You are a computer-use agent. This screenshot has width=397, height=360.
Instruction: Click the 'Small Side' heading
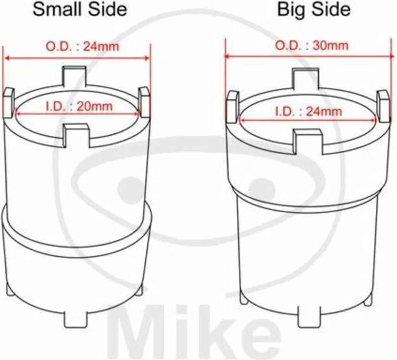click(80, 9)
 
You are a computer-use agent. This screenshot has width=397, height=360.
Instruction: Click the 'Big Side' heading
click(314, 10)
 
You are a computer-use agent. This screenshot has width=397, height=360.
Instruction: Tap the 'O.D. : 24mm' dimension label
click(82, 47)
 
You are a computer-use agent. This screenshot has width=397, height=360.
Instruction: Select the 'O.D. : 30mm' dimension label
click(312, 46)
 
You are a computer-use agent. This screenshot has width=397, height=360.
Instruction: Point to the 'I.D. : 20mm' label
click(79, 106)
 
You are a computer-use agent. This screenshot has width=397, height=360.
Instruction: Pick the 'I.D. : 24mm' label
click(309, 111)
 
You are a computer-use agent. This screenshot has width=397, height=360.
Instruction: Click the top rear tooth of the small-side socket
click(74, 76)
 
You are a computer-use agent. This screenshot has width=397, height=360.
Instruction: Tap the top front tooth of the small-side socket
click(76, 135)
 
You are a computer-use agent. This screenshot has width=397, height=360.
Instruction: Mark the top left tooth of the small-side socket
click(9, 102)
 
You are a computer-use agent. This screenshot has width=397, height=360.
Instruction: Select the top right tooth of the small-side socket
click(144, 102)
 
